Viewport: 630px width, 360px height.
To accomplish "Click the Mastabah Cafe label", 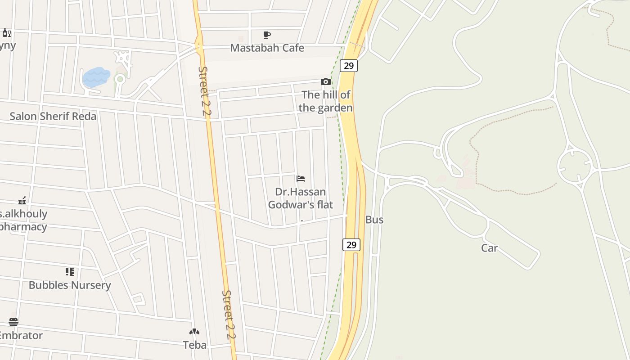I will tap(267, 48).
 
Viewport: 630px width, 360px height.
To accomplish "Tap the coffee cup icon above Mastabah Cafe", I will tap(267, 35).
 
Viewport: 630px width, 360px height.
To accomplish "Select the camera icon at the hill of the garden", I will tap(325, 81).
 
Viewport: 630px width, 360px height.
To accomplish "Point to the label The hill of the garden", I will tap(325, 101).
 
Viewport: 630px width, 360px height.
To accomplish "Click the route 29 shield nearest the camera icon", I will tap(348, 66).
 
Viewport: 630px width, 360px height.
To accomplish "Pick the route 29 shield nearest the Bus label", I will tap(351, 245).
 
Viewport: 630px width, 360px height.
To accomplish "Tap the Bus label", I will tap(374, 220).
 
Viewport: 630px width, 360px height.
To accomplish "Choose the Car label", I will tap(489, 248).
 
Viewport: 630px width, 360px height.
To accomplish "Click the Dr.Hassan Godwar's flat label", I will tap(301, 198).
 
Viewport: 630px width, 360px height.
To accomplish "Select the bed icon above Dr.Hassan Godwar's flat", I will tap(301, 179).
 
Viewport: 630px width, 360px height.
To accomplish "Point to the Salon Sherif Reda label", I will tap(53, 116).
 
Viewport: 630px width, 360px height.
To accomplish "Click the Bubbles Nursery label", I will tap(70, 285).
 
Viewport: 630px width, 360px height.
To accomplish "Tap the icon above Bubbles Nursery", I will tap(70, 271).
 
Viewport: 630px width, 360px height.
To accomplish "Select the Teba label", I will tap(194, 345).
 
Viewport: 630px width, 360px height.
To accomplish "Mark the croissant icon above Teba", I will tap(194, 332).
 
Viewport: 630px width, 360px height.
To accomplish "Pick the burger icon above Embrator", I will tap(13, 322).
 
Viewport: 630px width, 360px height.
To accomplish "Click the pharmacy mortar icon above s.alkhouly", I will tap(22, 200).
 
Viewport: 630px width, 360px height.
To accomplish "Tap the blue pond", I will tap(96, 77).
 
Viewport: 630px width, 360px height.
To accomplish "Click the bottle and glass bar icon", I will tap(7, 33).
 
